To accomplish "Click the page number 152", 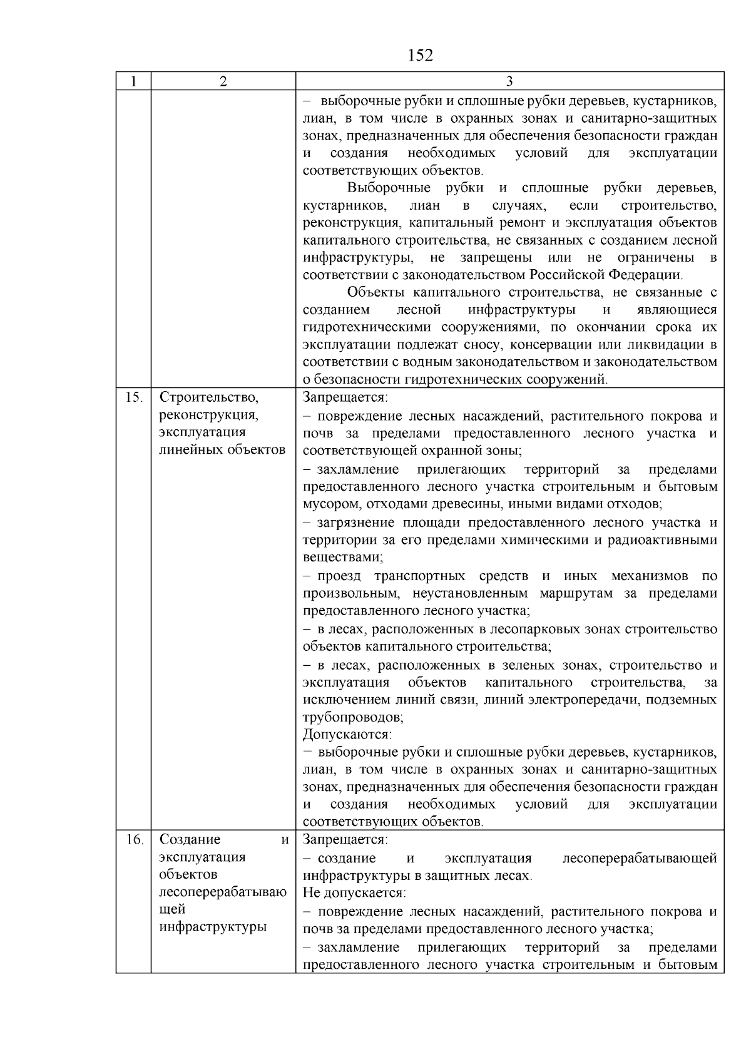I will coord(420,56).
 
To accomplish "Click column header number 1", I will coord(133,81).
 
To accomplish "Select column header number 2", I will coord(223,81).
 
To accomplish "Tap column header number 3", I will coord(509,81).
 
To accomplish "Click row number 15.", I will coord(133,397).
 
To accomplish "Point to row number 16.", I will coord(133,840).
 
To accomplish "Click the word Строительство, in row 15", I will coord(209,397).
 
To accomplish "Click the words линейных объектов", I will coord(222,449).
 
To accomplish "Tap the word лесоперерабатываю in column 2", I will coord(223,892).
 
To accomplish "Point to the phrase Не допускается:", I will coord(354,892).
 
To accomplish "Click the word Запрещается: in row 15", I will coord(345,397).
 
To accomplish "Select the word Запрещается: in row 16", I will coord(345,840).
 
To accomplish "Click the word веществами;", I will coord(343,556).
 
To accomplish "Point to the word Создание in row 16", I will coord(190,840).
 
